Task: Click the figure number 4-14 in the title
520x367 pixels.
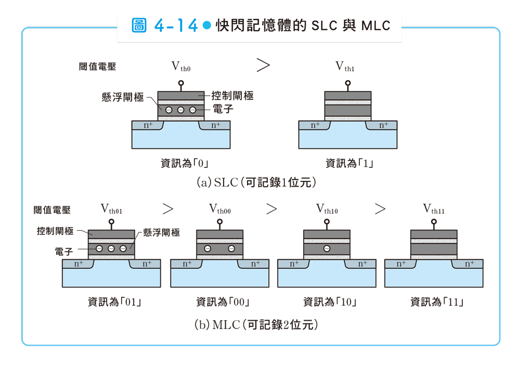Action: tap(176, 25)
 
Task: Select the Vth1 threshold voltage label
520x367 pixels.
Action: tap(345, 66)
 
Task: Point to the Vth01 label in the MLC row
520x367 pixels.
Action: tap(112, 209)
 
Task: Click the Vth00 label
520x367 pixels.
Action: tap(220, 209)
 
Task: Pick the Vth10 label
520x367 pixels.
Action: tap(327, 209)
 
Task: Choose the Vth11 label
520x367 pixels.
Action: tap(434, 209)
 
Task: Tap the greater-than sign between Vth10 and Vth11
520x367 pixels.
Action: tap(380, 209)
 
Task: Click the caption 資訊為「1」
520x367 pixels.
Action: tap(349, 163)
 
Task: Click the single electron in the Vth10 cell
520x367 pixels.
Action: tap(327, 248)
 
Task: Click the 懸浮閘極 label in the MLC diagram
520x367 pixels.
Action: tap(161, 232)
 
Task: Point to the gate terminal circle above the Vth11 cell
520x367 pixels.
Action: tap(434, 221)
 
